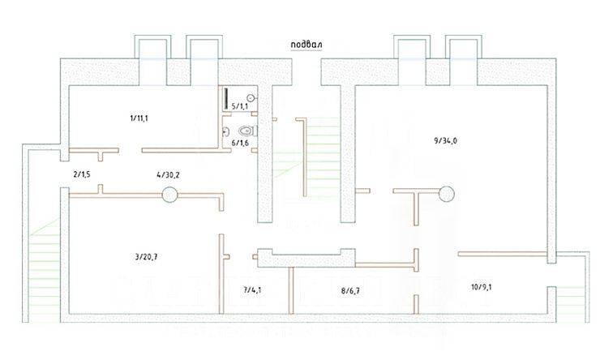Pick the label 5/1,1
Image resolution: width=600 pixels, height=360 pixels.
click(240, 106)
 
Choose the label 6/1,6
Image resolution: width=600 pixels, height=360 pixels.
click(241, 143)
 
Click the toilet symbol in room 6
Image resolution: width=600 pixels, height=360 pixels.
click(245, 129)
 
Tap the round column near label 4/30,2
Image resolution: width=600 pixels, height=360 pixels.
click(169, 194)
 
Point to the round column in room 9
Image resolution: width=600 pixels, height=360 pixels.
click(445, 193)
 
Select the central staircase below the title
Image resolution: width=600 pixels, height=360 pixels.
click(317, 154)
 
